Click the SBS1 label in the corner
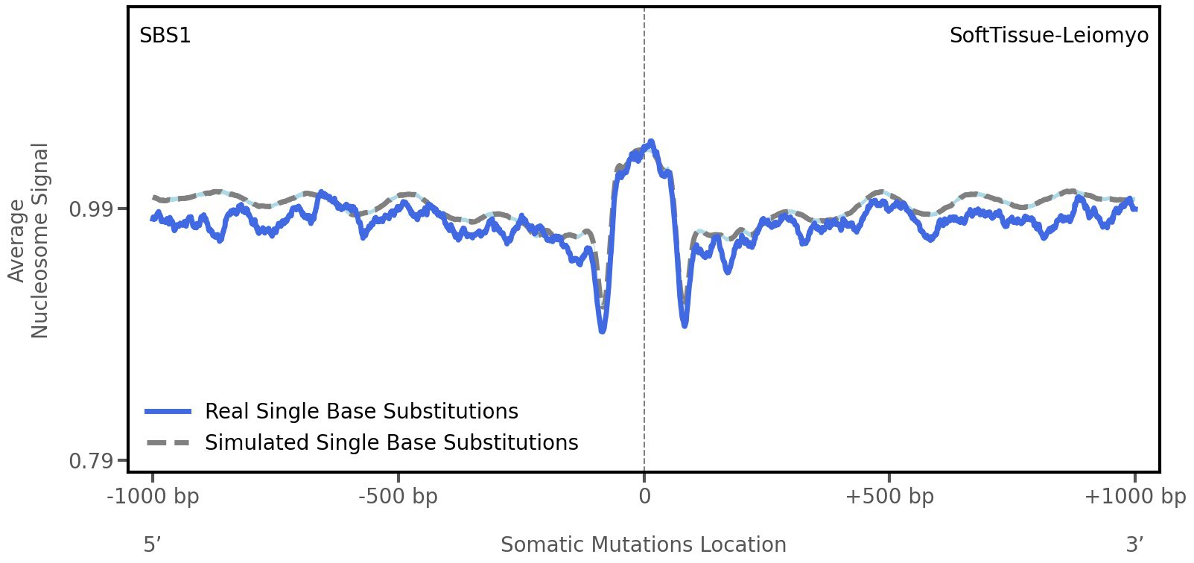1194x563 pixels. click(x=165, y=36)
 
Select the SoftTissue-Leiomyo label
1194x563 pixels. click(x=1048, y=36)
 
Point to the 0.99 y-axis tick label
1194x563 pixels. click(x=91, y=209)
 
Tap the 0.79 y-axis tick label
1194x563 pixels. click(x=91, y=462)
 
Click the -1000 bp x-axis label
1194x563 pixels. click(x=153, y=497)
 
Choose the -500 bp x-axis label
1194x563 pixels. click(x=398, y=497)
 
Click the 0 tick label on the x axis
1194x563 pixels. click(x=644, y=497)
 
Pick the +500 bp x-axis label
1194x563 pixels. click(x=889, y=497)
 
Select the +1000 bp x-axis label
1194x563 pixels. click(x=1134, y=497)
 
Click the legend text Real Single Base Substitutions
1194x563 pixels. click(x=361, y=412)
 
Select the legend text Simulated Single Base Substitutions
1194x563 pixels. click(x=391, y=443)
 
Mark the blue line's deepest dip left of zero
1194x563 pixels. click(x=603, y=330)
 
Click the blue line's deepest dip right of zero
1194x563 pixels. click(x=685, y=325)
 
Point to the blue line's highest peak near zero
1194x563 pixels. click(x=651, y=141)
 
